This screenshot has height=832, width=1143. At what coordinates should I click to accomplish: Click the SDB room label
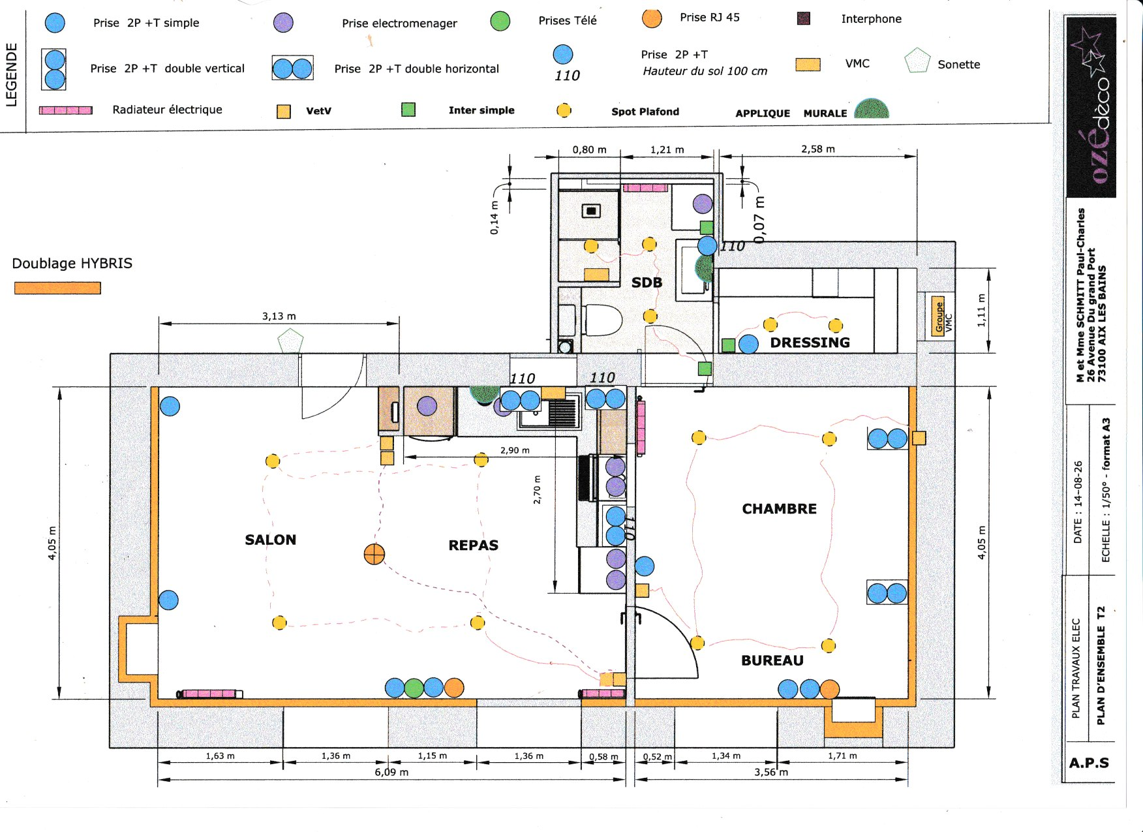(x=647, y=283)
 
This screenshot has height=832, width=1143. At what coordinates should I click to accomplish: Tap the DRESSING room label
(x=810, y=343)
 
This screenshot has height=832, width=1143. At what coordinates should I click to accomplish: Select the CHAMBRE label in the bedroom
(x=779, y=509)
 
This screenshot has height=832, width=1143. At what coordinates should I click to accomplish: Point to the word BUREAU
(x=772, y=660)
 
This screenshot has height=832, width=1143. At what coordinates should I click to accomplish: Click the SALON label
(x=271, y=540)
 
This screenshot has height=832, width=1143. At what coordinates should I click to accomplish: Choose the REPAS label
(x=473, y=546)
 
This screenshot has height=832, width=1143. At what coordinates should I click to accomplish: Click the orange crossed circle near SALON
(x=374, y=555)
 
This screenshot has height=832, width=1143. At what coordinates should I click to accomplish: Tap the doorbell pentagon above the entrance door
(x=290, y=341)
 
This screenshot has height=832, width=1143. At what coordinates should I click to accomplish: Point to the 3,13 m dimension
(x=279, y=316)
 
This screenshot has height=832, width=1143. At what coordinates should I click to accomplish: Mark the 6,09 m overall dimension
(x=391, y=773)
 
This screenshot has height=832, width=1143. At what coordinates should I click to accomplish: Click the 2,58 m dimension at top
(x=818, y=149)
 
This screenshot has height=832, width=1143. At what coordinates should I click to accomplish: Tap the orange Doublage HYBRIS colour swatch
(x=57, y=288)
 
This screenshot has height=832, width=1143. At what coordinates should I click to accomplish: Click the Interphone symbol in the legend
(x=804, y=18)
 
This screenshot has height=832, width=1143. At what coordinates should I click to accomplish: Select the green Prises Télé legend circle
(x=500, y=21)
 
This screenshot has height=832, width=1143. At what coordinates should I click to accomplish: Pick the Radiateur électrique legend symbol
(x=66, y=110)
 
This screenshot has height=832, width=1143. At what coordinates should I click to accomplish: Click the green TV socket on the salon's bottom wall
(x=414, y=688)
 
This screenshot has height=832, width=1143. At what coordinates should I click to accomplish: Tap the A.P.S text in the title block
(x=1089, y=763)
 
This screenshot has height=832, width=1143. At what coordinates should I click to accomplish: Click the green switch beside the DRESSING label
(x=729, y=345)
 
